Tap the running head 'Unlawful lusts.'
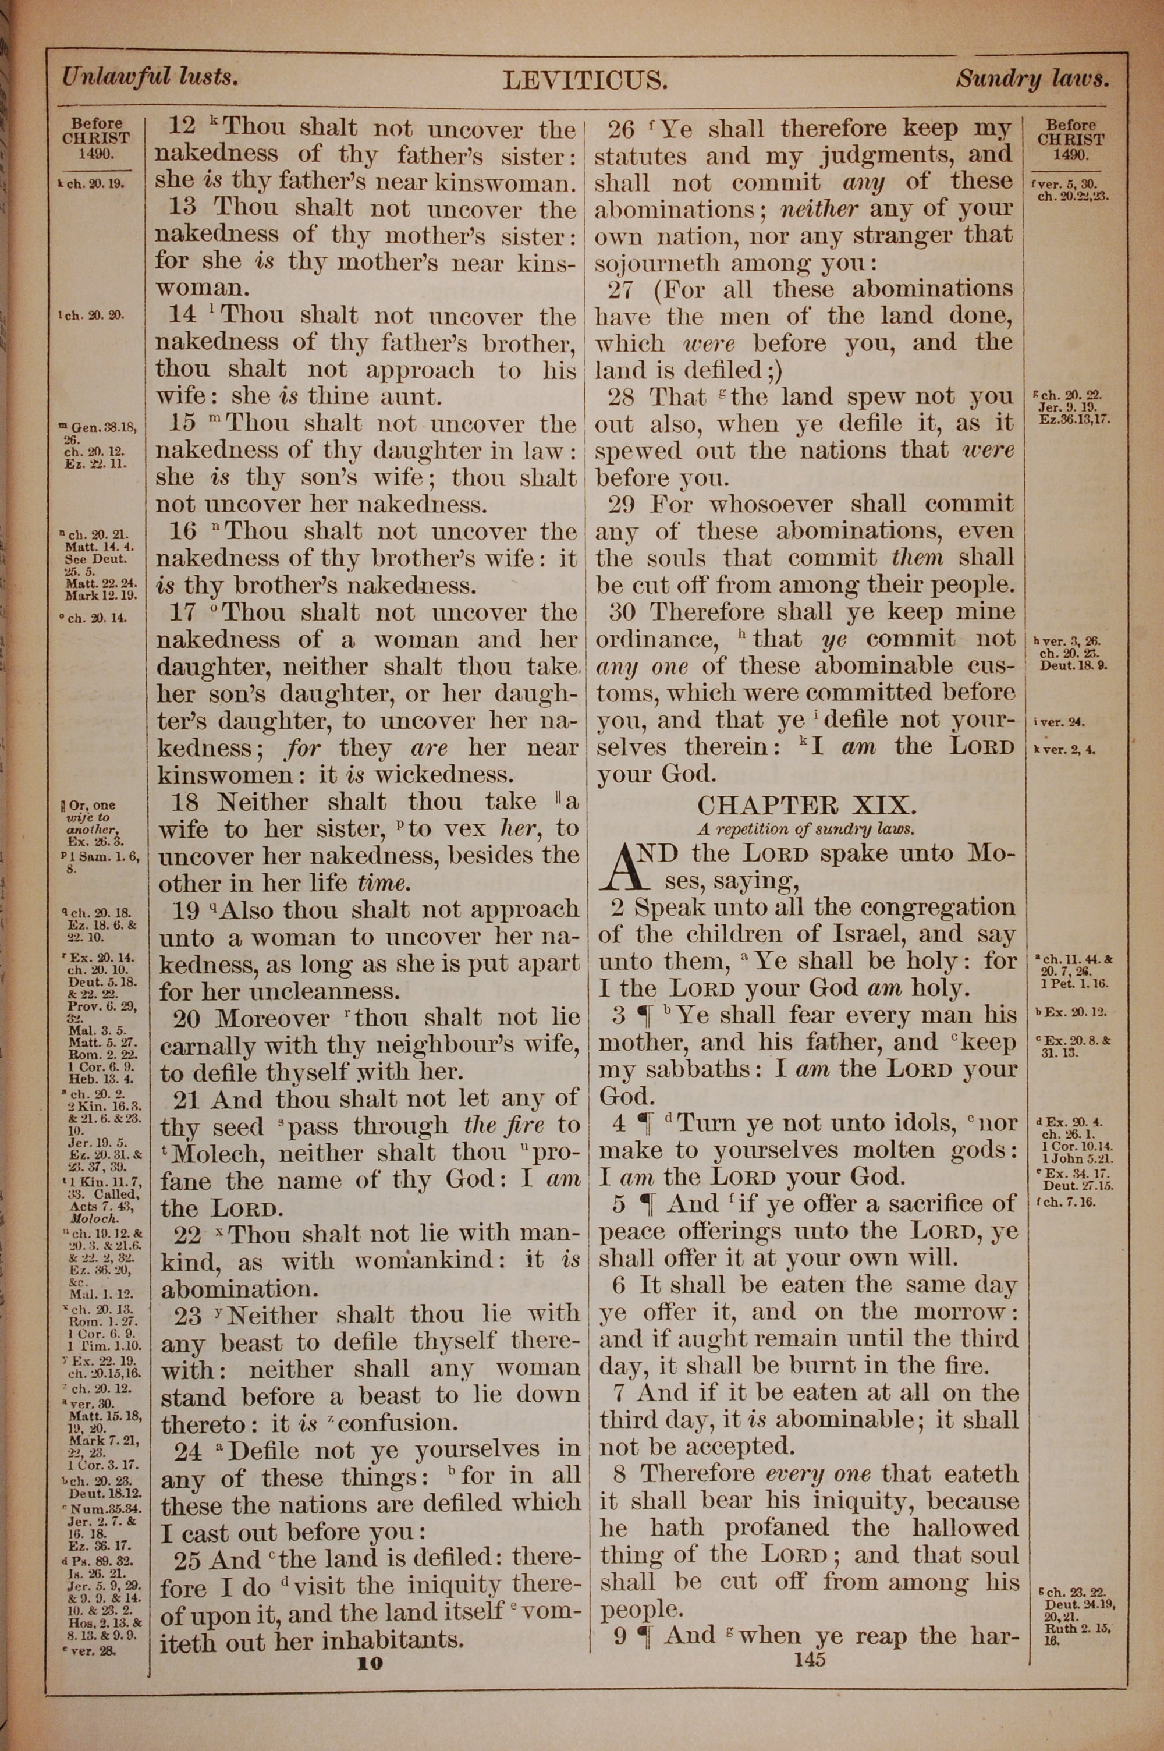tap(150, 76)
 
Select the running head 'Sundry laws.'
tap(1032, 79)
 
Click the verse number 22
tap(187, 1235)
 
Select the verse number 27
tap(622, 289)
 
